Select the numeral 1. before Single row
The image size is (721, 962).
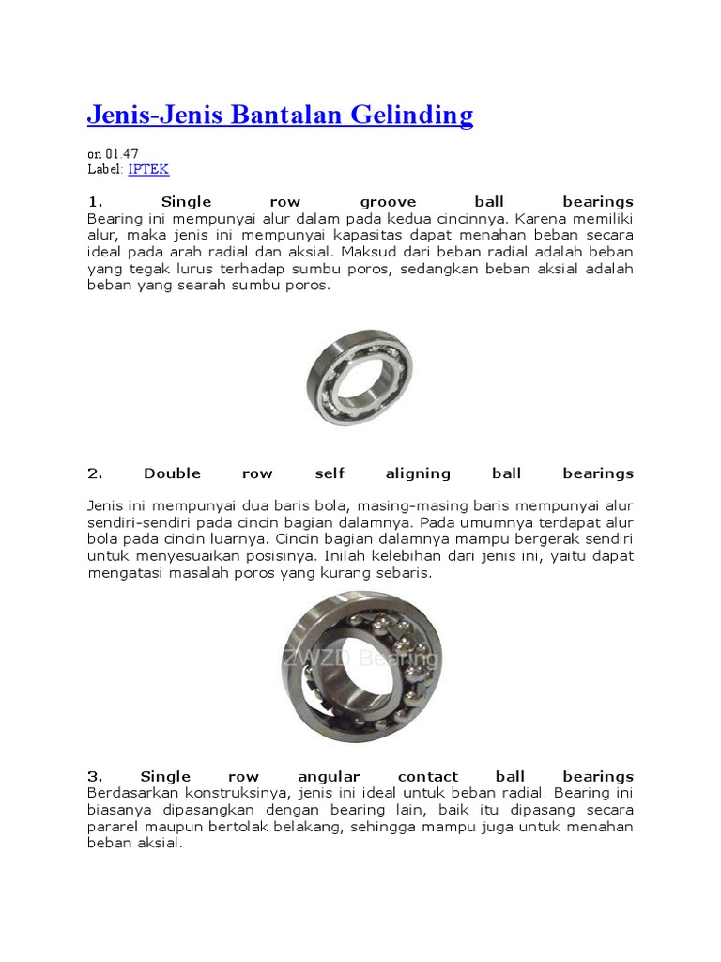point(93,202)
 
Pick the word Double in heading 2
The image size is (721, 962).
point(172,473)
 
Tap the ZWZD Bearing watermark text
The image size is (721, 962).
point(360,659)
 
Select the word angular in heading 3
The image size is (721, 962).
point(329,777)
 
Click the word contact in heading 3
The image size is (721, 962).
point(428,777)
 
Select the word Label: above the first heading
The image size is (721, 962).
point(105,170)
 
